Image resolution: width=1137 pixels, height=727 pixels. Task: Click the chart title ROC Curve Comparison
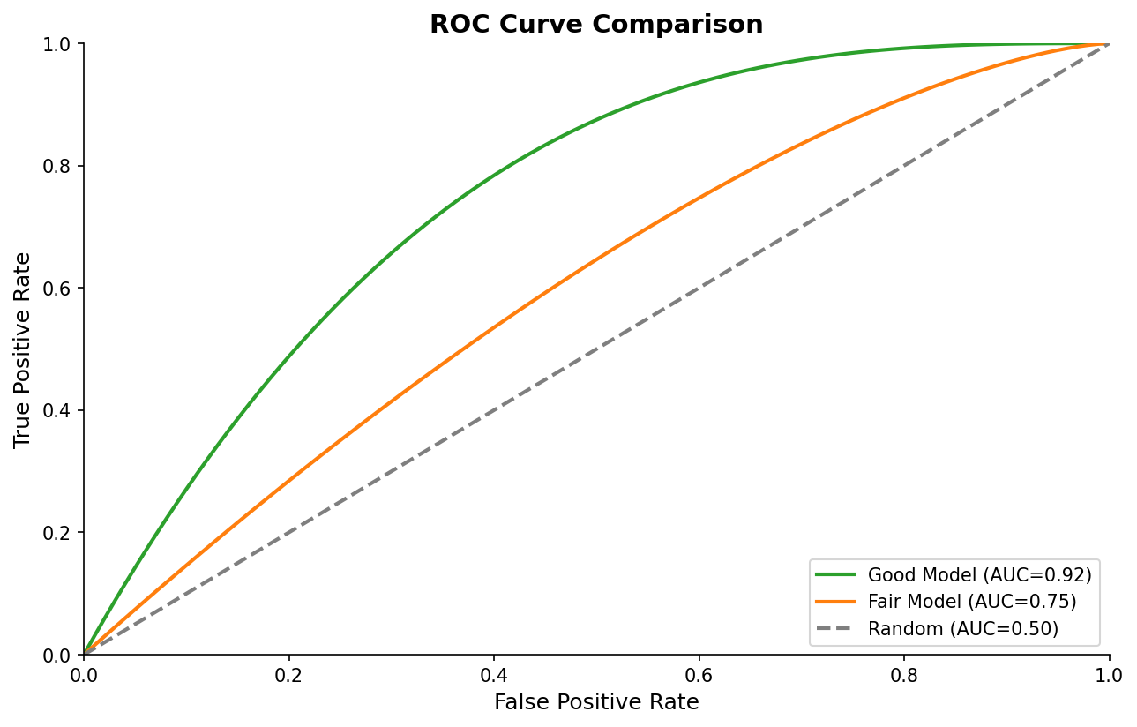click(596, 24)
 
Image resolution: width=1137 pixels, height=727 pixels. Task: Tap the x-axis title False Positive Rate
click(596, 702)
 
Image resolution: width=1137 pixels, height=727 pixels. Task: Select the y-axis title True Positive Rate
click(23, 349)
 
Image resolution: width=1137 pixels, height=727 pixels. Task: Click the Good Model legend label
click(979, 575)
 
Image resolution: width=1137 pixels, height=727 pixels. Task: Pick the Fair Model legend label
click(972, 603)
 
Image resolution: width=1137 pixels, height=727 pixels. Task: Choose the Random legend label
click(962, 629)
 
